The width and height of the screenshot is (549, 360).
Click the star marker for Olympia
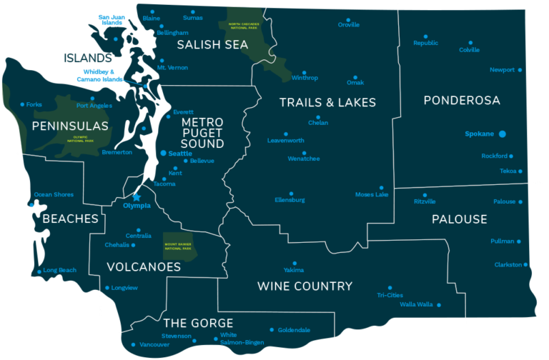coord(137,196)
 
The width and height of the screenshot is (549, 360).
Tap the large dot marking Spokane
coord(503,134)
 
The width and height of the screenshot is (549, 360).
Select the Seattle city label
coord(181,154)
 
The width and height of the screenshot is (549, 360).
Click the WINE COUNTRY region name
coord(305,286)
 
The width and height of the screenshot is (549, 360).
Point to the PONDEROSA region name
coord(461,100)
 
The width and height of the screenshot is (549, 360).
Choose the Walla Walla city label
coord(416,304)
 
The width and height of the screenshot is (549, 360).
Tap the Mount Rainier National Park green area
coord(179,246)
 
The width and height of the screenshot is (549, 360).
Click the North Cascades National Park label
coord(244,26)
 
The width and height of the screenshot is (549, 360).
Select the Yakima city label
coord(294,271)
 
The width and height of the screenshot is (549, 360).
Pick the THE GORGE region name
coord(198,323)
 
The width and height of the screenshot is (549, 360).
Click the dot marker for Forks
coord(22,104)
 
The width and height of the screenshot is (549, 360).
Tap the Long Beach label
coord(59,271)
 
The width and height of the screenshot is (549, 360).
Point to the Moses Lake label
coord(372,194)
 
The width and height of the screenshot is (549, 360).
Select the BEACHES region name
coord(70,219)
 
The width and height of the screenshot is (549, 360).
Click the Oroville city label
coord(348,25)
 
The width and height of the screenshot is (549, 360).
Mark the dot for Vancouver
coord(133,345)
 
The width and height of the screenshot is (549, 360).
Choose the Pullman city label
coord(503,241)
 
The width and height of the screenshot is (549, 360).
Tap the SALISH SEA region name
coord(212,45)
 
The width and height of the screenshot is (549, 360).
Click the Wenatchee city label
coord(304,159)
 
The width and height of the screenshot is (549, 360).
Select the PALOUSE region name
coord(459,219)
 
